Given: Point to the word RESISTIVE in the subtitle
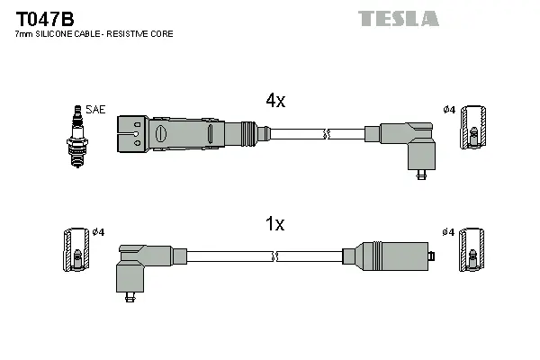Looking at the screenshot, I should pos(132,33).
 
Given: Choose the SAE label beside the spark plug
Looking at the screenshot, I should pos(96,110).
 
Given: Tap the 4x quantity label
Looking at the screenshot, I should pos(274,102).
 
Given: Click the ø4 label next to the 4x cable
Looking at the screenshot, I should pos(449,111).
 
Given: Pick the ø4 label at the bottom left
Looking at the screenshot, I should pos(98,232).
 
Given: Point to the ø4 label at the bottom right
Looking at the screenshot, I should pos(449,232).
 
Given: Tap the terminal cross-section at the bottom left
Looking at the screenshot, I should pos(76,251).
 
